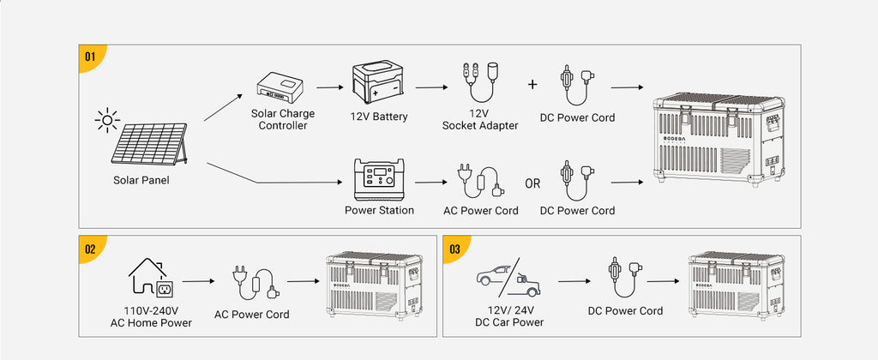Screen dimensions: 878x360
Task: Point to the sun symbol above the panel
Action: point(107,120)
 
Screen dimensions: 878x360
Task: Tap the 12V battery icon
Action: point(377,84)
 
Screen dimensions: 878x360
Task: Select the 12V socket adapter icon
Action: point(480,82)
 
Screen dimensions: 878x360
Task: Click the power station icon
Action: point(379,180)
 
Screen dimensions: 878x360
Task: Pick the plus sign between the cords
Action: point(532,85)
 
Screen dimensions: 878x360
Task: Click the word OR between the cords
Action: point(533,183)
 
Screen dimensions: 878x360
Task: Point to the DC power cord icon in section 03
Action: point(625,278)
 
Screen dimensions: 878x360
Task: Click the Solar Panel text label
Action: point(141,180)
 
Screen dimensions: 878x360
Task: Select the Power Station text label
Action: point(379,211)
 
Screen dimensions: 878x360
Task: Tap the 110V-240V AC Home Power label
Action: point(151,316)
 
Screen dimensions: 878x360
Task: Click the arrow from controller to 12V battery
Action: point(329,87)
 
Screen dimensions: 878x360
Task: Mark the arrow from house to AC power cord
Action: point(198,281)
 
